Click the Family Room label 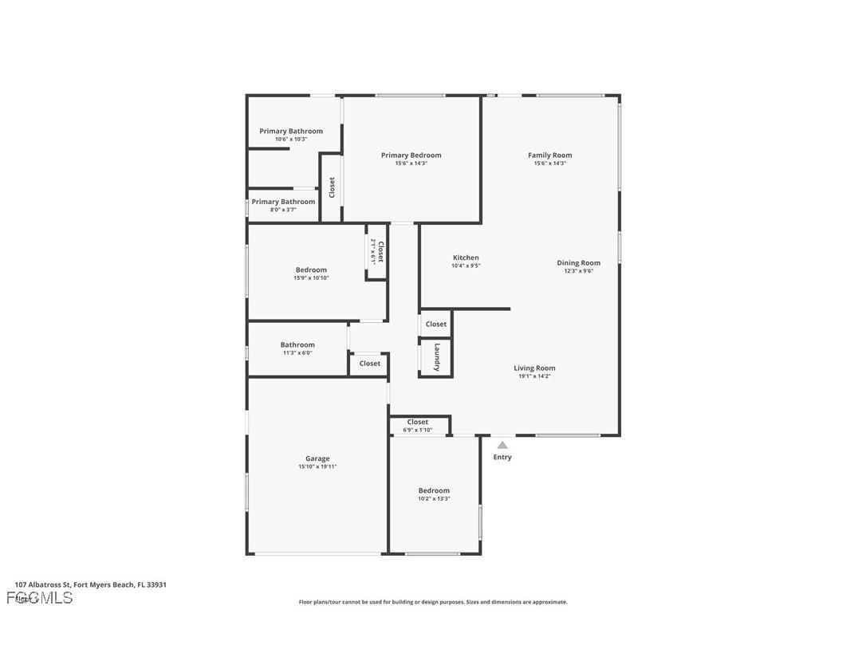tap(549, 155)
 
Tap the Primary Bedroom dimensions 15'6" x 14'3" tap(411, 163)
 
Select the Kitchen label tap(466, 258)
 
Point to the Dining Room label tap(578, 262)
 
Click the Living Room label tap(534, 368)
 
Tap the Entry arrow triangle tap(502, 445)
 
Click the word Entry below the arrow tap(502, 458)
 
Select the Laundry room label tap(437, 357)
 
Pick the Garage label tap(317, 458)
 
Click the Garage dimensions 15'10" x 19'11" tap(317, 467)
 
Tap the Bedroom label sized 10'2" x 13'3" tap(434, 490)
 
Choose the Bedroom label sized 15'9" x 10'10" tap(311, 269)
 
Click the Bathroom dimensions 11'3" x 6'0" tap(297, 353)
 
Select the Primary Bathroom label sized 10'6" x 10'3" tap(291, 131)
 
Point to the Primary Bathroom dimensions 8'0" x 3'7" tap(283, 210)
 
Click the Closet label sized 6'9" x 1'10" tap(418, 422)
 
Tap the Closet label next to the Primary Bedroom tap(332, 187)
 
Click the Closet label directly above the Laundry tap(436, 324)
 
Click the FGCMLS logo tap(40, 598)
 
